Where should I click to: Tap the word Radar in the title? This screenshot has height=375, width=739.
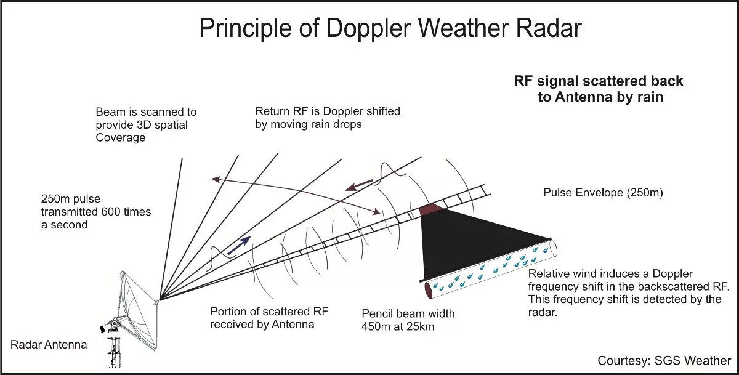(541, 28)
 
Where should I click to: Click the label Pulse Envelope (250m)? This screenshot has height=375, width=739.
(603, 193)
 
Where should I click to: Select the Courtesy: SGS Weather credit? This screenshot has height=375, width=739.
(664, 360)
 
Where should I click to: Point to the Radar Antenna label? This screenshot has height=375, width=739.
(49, 344)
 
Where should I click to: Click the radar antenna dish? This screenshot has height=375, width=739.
(139, 302)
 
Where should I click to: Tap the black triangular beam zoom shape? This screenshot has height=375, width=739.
(468, 240)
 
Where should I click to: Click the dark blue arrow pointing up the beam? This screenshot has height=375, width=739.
(239, 245)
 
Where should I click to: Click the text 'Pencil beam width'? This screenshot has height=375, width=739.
(408, 314)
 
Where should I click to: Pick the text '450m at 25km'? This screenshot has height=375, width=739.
(398, 326)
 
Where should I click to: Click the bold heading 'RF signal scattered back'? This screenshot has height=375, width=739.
(599, 81)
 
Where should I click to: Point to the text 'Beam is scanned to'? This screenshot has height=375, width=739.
(146, 112)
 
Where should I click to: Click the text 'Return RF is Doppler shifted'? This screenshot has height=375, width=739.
(328, 111)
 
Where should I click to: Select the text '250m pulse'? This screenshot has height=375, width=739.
(71, 199)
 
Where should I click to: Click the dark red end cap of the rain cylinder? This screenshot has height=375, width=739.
(429, 288)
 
